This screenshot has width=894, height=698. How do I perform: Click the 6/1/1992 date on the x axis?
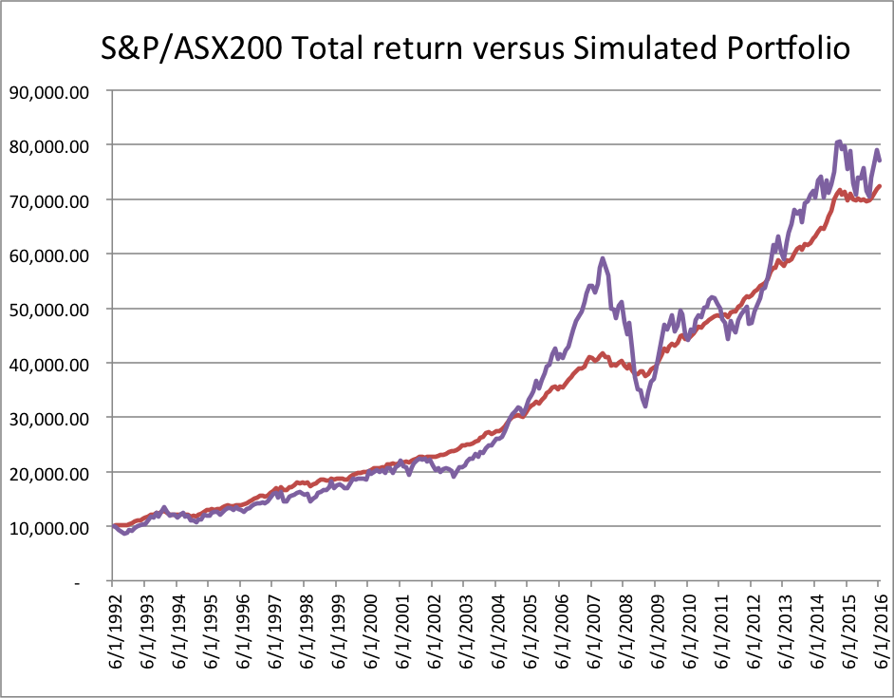coord(112,636)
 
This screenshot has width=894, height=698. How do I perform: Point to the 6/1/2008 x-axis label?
coord(623,636)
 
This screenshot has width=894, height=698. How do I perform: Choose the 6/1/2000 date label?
coord(367,636)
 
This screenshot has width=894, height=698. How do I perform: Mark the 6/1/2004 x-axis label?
coord(495,636)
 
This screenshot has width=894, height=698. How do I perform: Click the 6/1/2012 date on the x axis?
coord(751,636)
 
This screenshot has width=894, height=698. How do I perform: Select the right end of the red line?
coord(880,186)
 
